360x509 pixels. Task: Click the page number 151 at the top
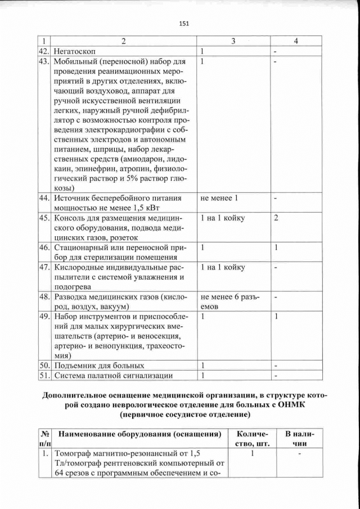(183, 23)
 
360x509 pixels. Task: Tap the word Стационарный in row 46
(82, 248)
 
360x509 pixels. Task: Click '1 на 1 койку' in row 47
(223, 267)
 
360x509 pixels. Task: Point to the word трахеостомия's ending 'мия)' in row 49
(62, 355)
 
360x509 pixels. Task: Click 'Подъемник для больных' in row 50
(98, 366)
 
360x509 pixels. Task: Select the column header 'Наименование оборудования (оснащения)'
(139, 435)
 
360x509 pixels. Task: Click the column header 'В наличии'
(299, 439)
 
